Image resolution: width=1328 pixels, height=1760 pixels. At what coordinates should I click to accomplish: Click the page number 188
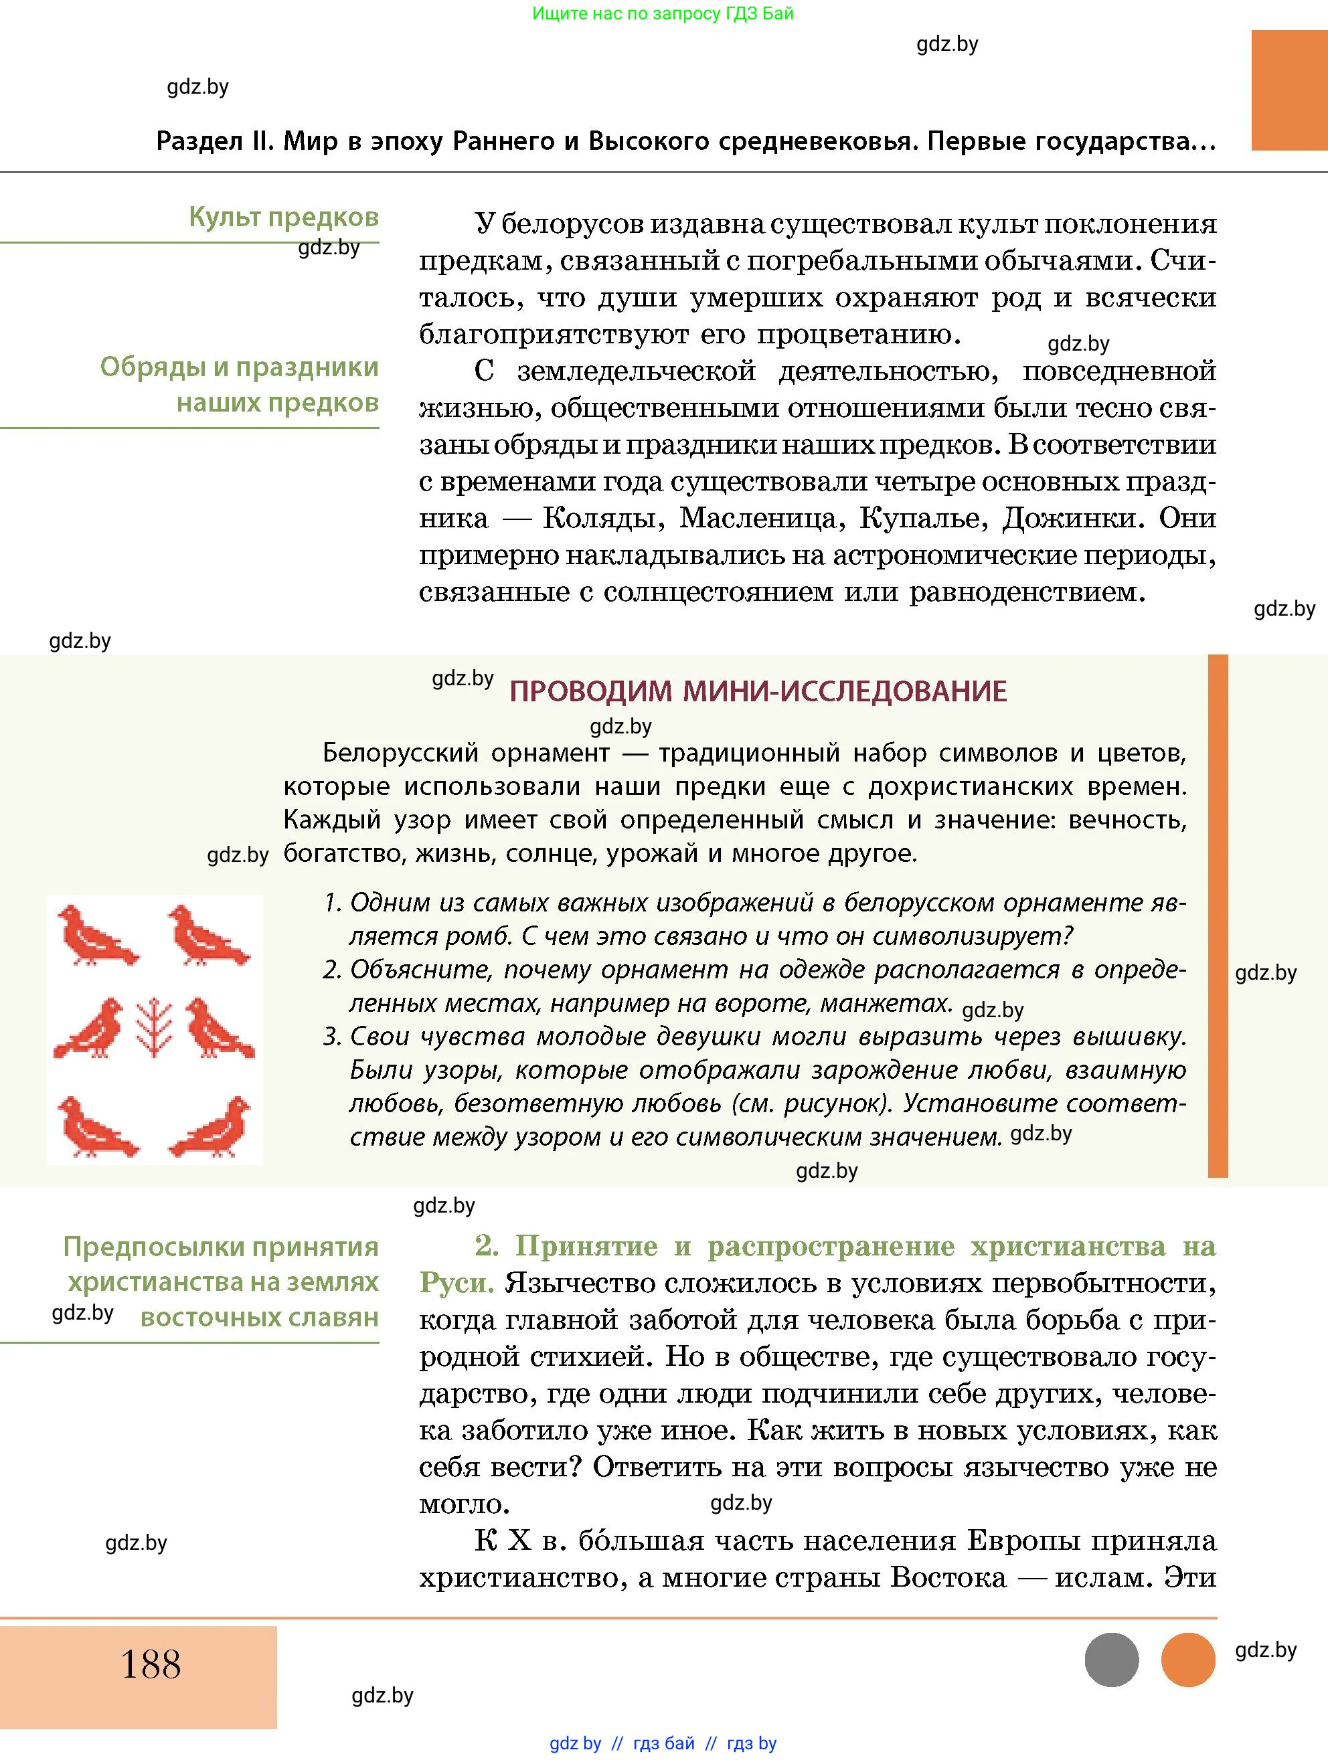coord(151,1664)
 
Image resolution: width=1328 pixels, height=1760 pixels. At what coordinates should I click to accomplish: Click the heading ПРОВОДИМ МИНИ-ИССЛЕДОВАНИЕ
coord(758,691)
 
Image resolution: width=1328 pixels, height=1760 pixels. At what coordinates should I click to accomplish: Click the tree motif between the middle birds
coord(155,1028)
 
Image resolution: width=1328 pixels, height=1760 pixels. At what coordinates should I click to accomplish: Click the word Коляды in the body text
coord(603,519)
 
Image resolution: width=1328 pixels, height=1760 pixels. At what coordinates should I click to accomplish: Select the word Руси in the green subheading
coord(454,1283)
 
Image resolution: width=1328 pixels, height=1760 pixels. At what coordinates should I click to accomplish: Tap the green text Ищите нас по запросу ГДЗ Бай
coord(663,13)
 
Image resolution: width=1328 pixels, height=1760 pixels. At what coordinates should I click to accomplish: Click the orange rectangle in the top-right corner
coord(1289,90)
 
